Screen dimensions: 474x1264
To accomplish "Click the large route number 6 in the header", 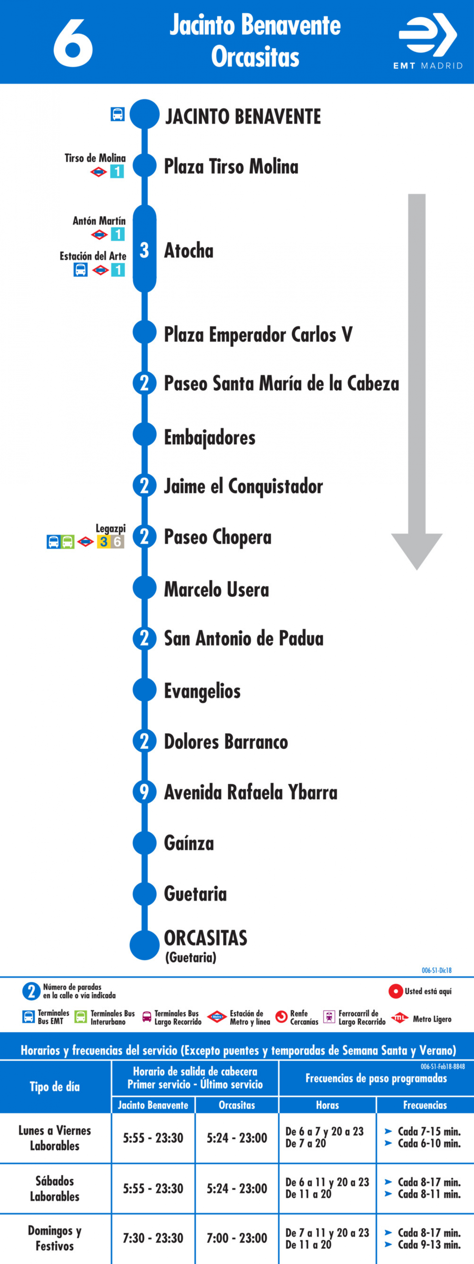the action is [x=73, y=43].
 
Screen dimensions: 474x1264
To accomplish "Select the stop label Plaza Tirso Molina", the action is [x=231, y=166].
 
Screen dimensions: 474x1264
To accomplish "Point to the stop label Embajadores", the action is [x=209, y=437].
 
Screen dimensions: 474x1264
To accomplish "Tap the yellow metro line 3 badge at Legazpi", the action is [x=103, y=542].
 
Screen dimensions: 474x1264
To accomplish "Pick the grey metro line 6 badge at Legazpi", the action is [x=118, y=542].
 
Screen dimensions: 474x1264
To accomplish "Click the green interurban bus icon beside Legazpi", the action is [x=68, y=542].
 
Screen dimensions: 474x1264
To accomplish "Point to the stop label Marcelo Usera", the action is [x=216, y=589].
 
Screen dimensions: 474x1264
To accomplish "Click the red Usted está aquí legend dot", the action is [x=396, y=991].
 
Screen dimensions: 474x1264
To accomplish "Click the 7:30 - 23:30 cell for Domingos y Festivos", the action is [x=153, y=1238].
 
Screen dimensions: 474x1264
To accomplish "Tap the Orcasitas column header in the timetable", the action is [x=237, y=1105].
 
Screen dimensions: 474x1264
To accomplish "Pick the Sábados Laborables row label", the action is [x=55, y=1188].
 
